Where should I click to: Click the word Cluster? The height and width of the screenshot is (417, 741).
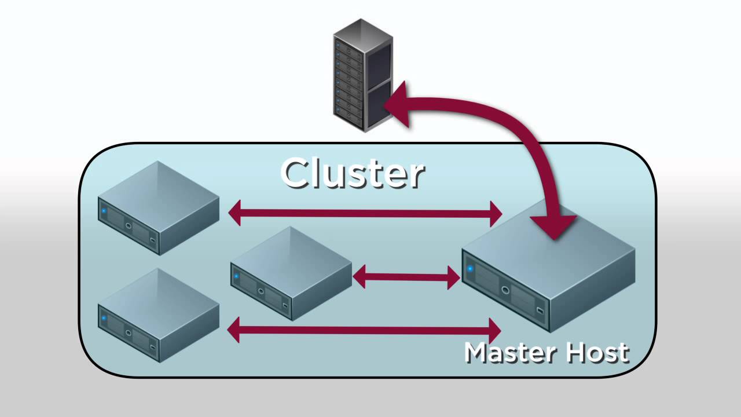(x=353, y=173)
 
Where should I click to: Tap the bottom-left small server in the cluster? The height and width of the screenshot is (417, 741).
(x=158, y=316)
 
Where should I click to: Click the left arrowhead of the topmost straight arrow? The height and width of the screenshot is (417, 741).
(x=235, y=213)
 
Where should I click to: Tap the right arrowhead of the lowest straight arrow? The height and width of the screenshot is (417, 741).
(x=494, y=331)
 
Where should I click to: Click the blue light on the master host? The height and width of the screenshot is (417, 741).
(x=470, y=269)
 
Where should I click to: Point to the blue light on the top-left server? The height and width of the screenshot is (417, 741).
(x=104, y=210)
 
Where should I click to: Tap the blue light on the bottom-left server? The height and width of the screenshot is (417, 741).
(x=104, y=317)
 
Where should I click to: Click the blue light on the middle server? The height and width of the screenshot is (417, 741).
(x=236, y=276)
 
